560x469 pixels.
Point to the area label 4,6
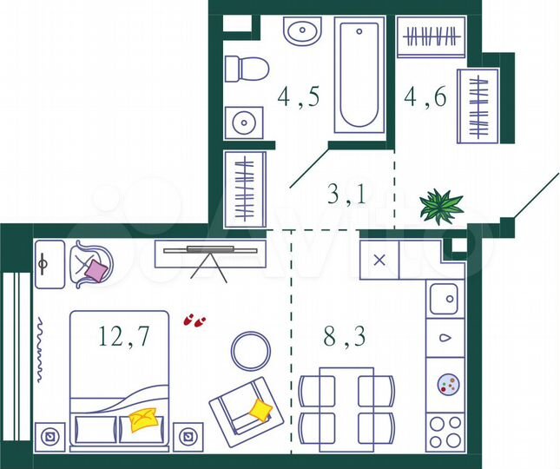tap(425, 96)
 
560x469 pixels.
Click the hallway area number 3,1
tap(346, 193)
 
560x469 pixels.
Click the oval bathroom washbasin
tap(302, 34)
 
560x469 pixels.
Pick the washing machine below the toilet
tap(243, 122)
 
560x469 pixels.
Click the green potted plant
tap(441, 207)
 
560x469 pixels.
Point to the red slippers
tap(194, 320)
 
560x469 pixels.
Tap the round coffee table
tap(251, 350)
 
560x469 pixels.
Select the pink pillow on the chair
tap(94, 271)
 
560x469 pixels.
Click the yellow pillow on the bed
tap(144, 421)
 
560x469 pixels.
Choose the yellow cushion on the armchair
tap(260, 408)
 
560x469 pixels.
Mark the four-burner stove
tap(446, 430)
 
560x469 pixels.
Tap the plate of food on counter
tap(447, 383)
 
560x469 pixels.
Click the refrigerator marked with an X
tap(379, 260)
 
